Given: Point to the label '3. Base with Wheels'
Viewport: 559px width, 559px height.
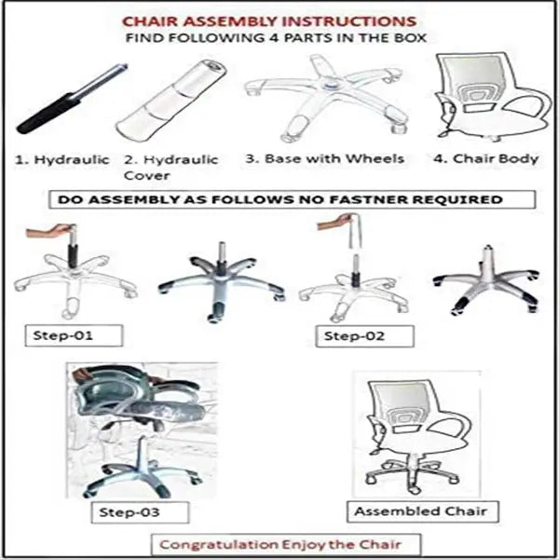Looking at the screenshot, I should click(325, 158).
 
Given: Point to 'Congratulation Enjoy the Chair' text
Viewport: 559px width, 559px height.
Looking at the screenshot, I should click(287, 543).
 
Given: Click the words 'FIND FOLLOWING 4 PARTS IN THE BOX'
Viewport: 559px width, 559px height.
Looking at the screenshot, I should click(279, 38).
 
